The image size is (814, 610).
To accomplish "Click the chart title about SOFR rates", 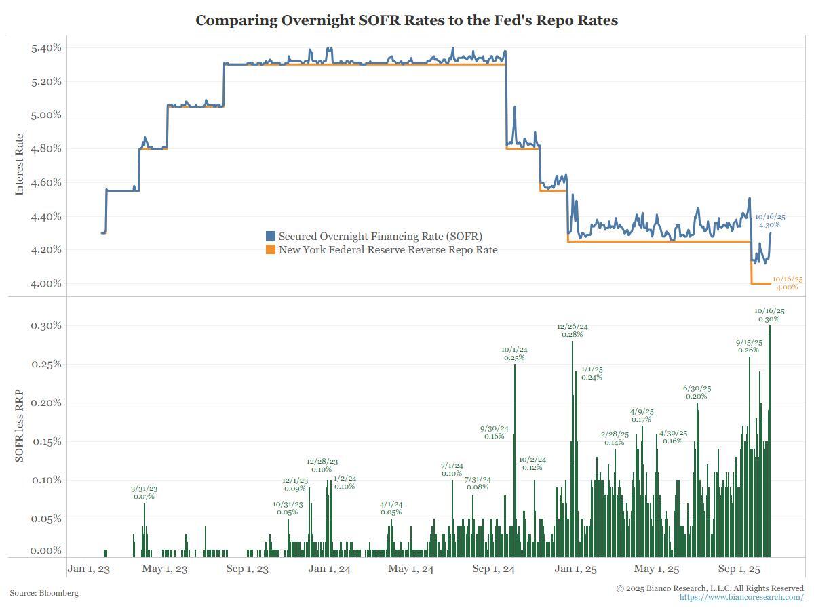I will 406,20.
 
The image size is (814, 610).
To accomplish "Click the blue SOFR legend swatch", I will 271,236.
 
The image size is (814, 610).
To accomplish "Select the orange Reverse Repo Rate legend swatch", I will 271,250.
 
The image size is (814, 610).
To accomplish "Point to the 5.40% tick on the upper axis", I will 46,48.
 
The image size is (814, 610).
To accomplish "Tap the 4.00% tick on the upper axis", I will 46,283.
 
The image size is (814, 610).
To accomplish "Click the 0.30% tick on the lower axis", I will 46,325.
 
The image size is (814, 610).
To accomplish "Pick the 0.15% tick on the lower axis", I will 46,441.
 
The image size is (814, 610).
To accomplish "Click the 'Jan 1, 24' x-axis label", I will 329,569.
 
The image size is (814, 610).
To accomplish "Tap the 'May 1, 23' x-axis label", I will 165,569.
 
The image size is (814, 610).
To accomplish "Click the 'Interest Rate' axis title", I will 19,165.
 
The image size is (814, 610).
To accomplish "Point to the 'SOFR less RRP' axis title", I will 19,426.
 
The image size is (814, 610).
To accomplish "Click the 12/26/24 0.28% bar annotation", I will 573,330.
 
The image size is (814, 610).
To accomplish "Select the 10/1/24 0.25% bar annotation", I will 514,354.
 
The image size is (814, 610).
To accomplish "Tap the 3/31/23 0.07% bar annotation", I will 144,493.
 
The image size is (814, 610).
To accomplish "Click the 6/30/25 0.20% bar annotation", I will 697,392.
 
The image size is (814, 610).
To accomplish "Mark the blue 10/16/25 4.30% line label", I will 770,221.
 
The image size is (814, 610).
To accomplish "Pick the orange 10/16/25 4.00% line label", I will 788,283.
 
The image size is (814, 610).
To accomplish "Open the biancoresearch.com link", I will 741,597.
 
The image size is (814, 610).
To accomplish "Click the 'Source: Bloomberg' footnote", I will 44,593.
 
